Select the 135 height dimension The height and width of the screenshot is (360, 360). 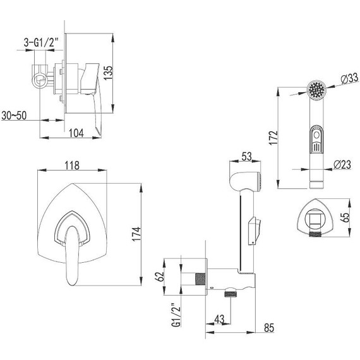(x=108, y=73)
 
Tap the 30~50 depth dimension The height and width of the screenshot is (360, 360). (x=14, y=116)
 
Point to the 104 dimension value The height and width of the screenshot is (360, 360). (x=76, y=133)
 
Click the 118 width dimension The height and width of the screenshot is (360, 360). (x=72, y=165)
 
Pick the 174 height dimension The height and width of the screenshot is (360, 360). (x=136, y=234)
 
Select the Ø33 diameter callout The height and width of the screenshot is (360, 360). (x=349, y=78)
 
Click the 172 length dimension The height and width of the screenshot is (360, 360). (x=273, y=138)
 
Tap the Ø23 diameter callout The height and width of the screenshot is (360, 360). (x=342, y=164)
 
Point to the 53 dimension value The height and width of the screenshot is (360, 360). (x=246, y=157)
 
